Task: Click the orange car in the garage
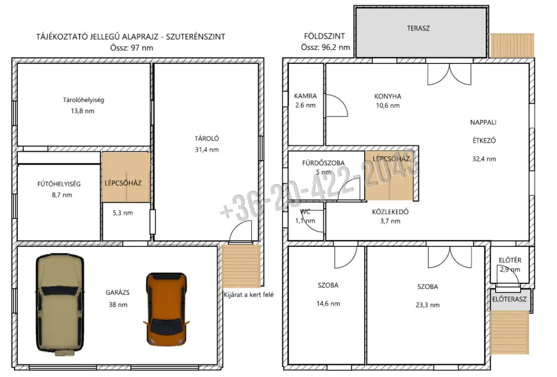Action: point(166,309)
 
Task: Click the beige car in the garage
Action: point(60,304)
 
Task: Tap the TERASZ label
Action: point(418,28)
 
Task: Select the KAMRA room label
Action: point(305,96)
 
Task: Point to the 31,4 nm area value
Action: point(207,150)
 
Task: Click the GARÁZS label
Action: point(118,292)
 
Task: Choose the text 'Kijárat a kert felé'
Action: point(248,295)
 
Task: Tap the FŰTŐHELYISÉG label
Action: point(59,183)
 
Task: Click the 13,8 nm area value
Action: point(83,111)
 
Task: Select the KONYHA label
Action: point(388,96)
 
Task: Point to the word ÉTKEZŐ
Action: point(484,141)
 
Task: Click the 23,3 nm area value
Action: point(428,305)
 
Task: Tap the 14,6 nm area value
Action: point(328,304)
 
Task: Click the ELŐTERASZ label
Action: point(510,299)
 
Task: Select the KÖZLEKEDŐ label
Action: point(390,212)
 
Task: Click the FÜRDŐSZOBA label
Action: point(323,163)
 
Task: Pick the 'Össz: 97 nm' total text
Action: point(131,48)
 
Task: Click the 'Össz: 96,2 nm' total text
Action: point(325,47)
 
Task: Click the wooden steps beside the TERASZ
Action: point(512,46)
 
